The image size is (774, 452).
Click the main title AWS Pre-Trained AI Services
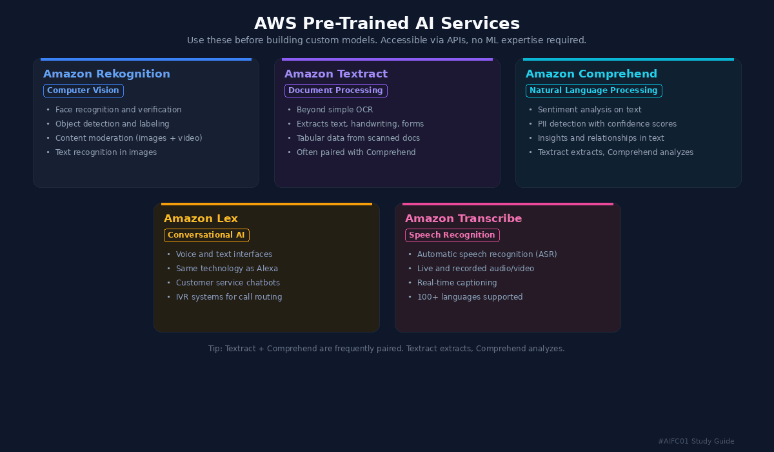pos(386,23)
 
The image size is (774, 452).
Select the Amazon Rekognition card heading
pos(106,74)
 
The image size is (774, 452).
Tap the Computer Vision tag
pos(83,90)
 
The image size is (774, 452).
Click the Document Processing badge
pos(335,90)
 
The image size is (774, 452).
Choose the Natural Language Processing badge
pos(593,90)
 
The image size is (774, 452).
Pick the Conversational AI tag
pos(206,235)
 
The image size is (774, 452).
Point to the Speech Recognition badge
pos(452,235)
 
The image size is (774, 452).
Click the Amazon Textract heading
pos(335,74)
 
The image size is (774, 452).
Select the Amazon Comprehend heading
pos(591,74)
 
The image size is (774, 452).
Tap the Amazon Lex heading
pos(201,218)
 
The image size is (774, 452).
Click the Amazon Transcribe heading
pos(463,218)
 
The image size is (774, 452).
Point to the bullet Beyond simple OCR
pos(334,110)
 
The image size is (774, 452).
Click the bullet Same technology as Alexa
pos(226,269)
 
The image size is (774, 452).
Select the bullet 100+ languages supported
pos(470,297)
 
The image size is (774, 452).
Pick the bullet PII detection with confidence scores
pos(606,124)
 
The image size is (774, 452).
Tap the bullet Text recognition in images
pos(106,152)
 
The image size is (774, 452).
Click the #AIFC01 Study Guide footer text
pos(696,441)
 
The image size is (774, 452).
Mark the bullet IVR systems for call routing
pos(228,297)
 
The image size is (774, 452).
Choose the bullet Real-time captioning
pos(457,283)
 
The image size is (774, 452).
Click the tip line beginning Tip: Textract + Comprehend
pos(386,349)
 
